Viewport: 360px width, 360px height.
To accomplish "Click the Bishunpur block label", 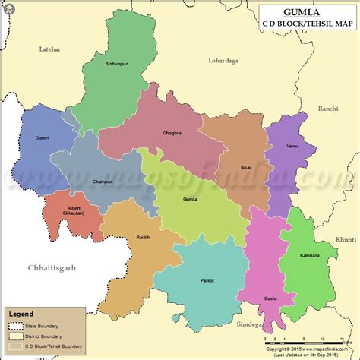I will point(117,65).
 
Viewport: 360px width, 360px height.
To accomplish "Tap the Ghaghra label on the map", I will point(172,133).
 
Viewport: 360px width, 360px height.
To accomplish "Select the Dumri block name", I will point(41,138).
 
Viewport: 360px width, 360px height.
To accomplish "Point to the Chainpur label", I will point(102,182).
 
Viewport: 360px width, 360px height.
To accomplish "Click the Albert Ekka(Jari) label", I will point(74,210).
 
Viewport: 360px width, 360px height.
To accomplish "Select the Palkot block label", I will point(206,280).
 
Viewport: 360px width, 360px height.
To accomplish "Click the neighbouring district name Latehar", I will point(49,49).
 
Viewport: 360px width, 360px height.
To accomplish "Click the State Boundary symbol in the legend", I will point(17,324).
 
